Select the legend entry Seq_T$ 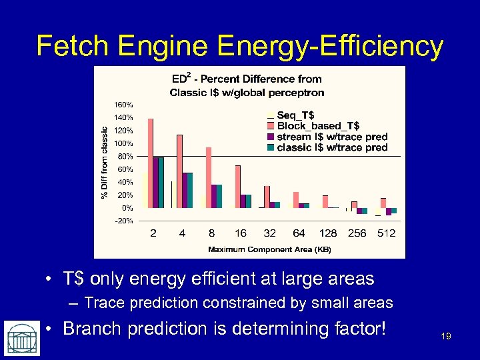pyautogui.click(x=296, y=115)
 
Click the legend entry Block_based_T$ pyautogui.click(x=317, y=125)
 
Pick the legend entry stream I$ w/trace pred pyautogui.click(x=331, y=137)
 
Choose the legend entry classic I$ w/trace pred pyautogui.click(x=331, y=147)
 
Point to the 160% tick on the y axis pyautogui.click(x=123, y=105)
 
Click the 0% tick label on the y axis pyautogui.click(x=127, y=208)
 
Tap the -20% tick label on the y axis pyautogui.click(x=124, y=220)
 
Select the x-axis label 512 pyautogui.click(x=386, y=233)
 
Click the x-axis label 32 pyautogui.click(x=269, y=233)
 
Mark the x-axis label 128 pyautogui.click(x=328, y=233)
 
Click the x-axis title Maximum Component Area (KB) pyautogui.click(x=269, y=249)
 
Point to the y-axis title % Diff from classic pyautogui.click(x=104, y=163)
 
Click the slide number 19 pyautogui.click(x=446, y=336)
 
